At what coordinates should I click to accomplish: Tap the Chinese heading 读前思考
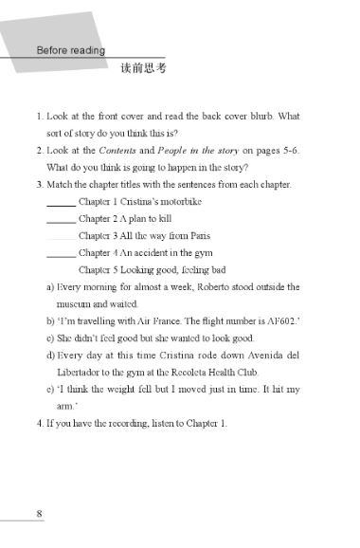click(x=144, y=68)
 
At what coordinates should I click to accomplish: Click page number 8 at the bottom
click(x=39, y=513)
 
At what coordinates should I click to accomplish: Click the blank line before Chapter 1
click(x=61, y=202)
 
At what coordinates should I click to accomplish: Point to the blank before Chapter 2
click(x=61, y=219)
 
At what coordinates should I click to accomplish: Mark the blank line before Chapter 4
click(x=61, y=253)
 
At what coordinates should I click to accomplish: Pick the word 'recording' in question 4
click(x=126, y=422)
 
